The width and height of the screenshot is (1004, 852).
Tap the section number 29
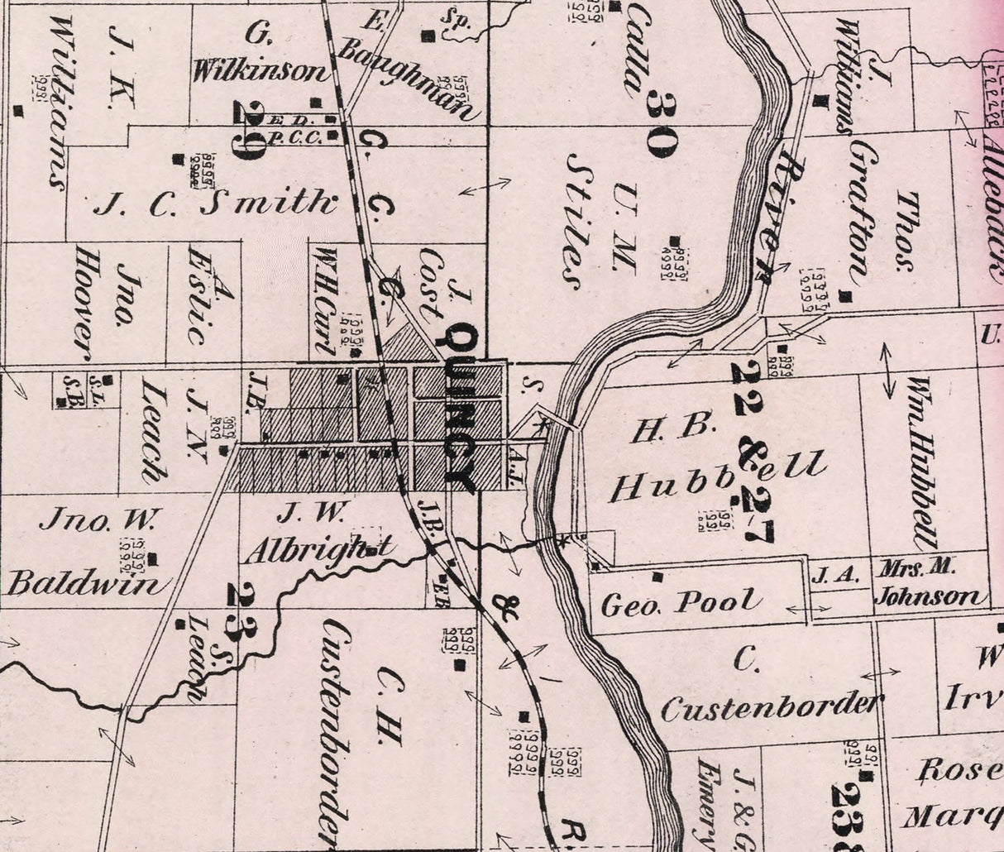click(x=247, y=129)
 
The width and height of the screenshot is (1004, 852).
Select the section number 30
click(x=662, y=124)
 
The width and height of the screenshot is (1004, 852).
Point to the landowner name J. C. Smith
click(x=216, y=202)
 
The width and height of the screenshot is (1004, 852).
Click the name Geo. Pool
click(x=680, y=603)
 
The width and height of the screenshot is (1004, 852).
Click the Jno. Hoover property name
click(x=103, y=302)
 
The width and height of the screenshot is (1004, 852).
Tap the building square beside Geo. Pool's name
click(x=657, y=576)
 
